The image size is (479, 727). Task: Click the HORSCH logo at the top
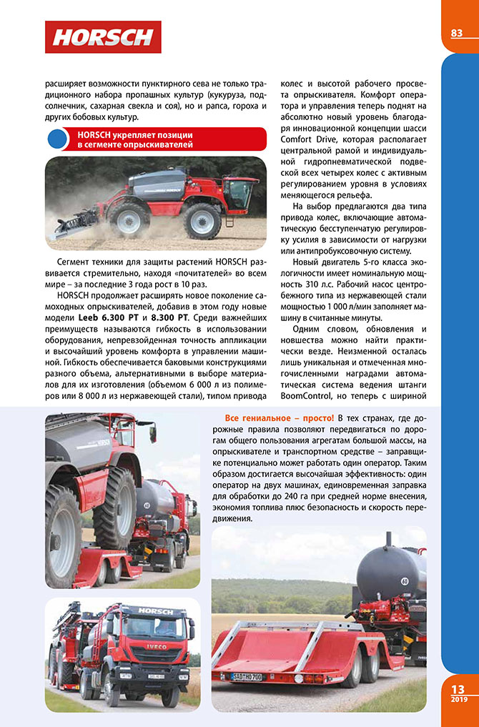point(103,36)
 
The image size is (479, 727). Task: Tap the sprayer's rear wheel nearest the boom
point(129,219)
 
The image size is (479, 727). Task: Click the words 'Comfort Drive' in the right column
point(312,139)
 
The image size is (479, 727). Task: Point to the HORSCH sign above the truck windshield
point(155,612)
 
